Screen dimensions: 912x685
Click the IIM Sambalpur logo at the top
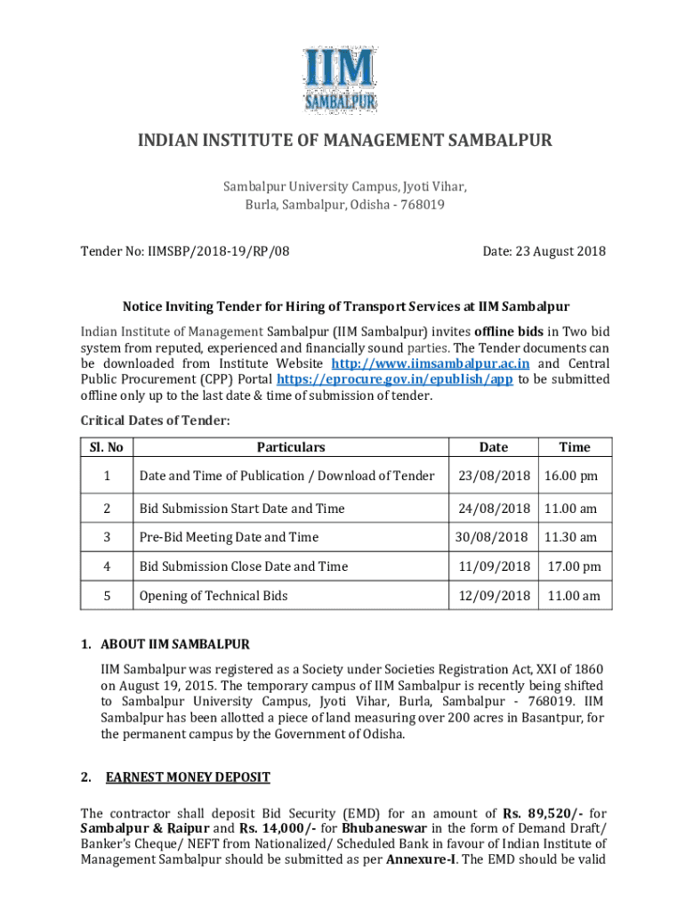pyautogui.click(x=342, y=80)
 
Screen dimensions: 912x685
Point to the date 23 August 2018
pyautogui.click(x=544, y=251)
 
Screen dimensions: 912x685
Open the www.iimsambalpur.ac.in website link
pyautogui.click(x=431, y=363)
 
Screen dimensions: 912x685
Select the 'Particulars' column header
pyautogui.click(x=291, y=447)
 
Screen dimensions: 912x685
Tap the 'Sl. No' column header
pyautogui.click(x=106, y=447)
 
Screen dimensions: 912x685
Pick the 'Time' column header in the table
pyautogui.click(x=574, y=447)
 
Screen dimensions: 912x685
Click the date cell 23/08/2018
pyautogui.click(x=494, y=476)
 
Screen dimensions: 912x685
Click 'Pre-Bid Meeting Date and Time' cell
pyautogui.click(x=229, y=537)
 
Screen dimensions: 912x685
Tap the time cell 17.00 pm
pyautogui.click(x=574, y=566)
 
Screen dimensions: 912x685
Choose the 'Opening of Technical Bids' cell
pyautogui.click(x=213, y=596)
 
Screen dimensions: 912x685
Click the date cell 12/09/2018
pyautogui.click(x=494, y=596)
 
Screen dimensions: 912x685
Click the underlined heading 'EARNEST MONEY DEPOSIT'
pyautogui.click(x=188, y=777)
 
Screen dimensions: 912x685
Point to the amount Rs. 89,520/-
pyautogui.click(x=533, y=813)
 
